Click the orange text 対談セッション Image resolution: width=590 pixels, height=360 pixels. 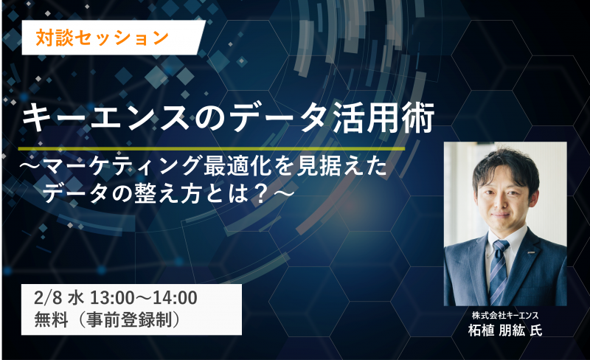tap(102, 38)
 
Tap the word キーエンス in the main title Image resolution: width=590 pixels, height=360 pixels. tap(105, 117)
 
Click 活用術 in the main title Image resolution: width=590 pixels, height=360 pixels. tap(383, 117)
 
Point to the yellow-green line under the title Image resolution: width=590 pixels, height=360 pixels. tap(212, 149)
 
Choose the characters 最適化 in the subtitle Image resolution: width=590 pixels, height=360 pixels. tap(237, 167)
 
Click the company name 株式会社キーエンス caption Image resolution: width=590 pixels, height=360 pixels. tap(505, 315)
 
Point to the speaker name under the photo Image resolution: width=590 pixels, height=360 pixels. tap(505, 330)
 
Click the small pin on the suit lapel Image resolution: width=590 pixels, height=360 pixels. tap(535, 250)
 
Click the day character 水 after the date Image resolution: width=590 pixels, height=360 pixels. tap(76, 299)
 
